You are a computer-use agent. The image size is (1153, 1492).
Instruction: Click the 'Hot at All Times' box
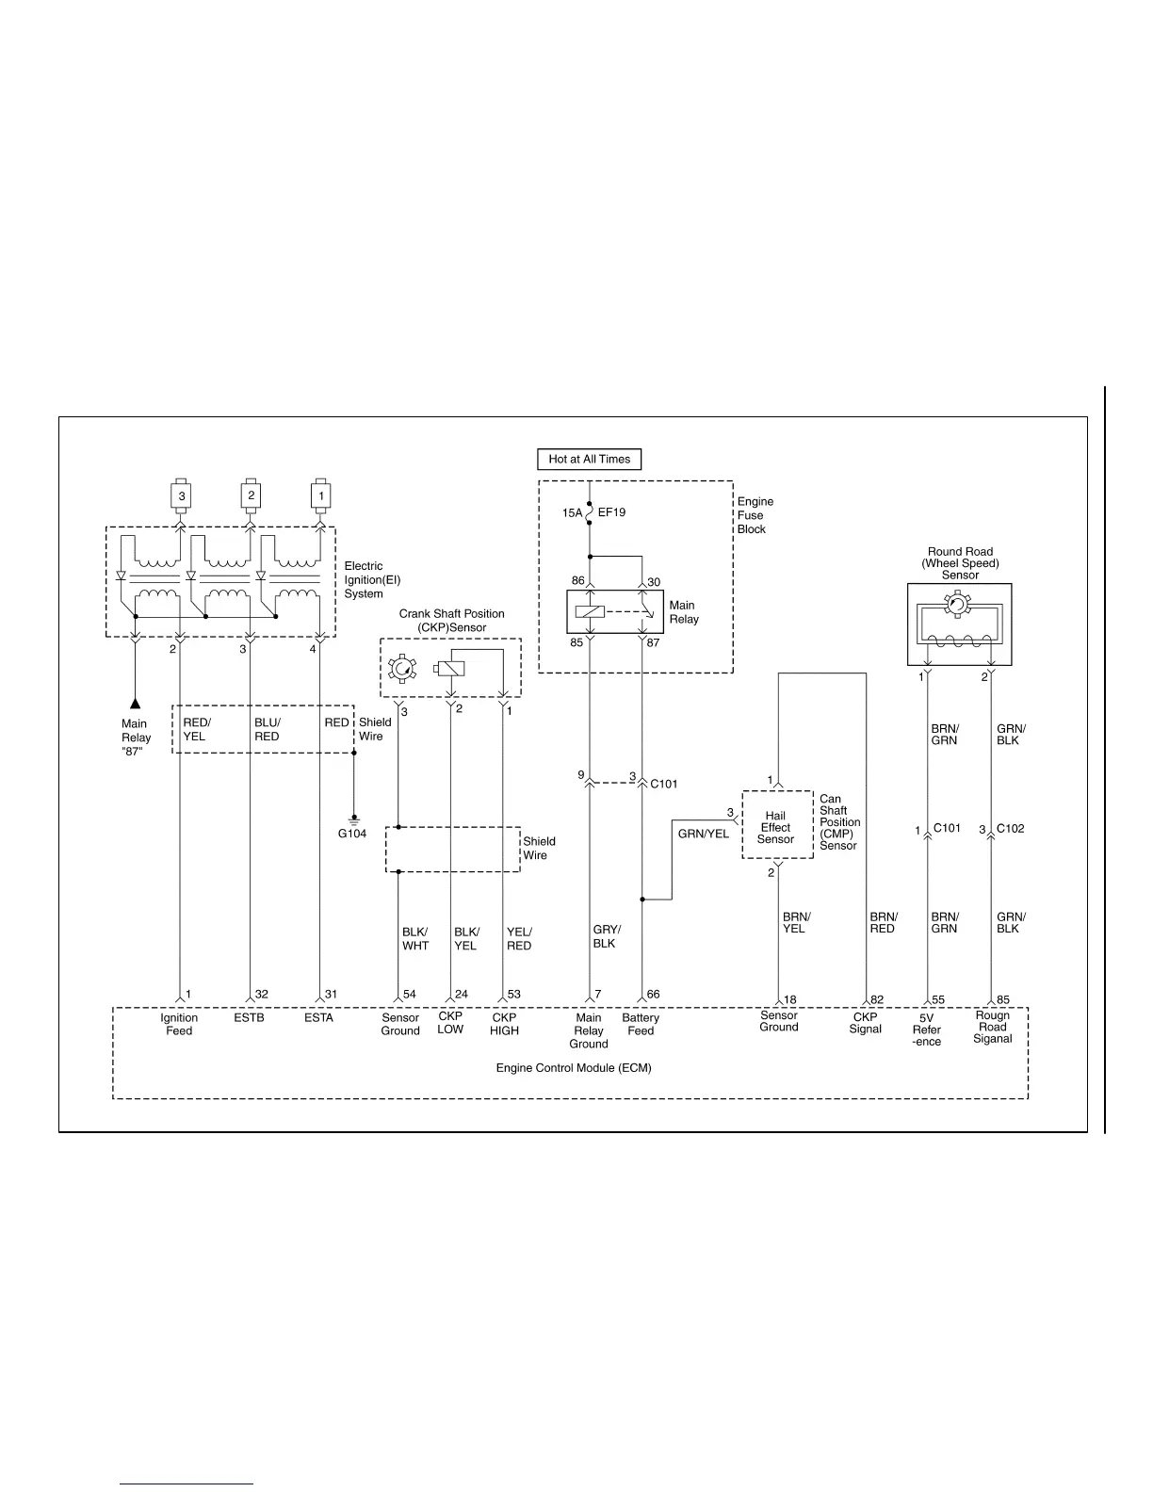[x=589, y=460]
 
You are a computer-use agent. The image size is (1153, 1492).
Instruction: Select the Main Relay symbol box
[x=615, y=612]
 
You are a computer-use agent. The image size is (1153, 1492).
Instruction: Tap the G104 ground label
[x=352, y=834]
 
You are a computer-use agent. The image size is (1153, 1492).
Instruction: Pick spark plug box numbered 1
[x=320, y=495]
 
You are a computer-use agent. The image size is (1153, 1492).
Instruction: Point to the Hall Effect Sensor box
[x=777, y=825]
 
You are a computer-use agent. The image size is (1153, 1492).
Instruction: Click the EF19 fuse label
[x=611, y=512]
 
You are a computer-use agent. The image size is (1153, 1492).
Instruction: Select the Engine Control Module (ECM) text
[x=574, y=1068]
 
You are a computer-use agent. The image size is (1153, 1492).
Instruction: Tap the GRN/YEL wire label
[x=703, y=834]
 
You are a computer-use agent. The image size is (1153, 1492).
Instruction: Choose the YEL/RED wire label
[x=519, y=938]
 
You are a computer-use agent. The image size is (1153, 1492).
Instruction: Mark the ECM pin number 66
[x=653, y=995]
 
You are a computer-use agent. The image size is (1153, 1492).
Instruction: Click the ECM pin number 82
[x=877, y=999]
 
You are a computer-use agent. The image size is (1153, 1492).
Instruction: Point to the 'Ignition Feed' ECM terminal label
[x=179, y=1024]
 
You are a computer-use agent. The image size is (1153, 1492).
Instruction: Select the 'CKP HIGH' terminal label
[x=504, y=1024]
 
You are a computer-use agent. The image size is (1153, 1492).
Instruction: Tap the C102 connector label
[x=1010, y=829]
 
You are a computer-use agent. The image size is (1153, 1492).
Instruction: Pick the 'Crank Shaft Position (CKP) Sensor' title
[x=451, y=620]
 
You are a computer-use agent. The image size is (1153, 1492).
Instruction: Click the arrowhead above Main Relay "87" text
[x=135, y=703]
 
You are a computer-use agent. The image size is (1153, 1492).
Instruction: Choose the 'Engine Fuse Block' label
[x=755, y=515]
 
